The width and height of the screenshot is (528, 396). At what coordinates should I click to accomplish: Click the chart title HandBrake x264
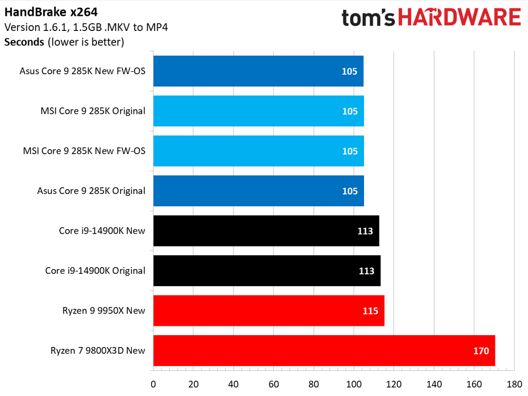[51, 11]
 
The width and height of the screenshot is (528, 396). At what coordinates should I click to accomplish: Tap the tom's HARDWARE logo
[431, 18]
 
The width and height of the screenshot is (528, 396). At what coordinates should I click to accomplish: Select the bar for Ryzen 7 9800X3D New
[324, 351]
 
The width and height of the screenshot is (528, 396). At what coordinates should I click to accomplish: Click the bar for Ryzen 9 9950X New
[269, 310]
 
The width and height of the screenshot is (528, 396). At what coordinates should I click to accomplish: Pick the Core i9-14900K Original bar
[267, 271]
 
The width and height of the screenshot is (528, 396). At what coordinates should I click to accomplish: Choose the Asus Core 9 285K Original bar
[258, 191]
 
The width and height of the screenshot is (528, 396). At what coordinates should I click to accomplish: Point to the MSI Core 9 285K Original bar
[258, 111]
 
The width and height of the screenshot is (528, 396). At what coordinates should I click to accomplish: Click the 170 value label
[481, 351]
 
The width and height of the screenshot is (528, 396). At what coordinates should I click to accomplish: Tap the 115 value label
[370, 311]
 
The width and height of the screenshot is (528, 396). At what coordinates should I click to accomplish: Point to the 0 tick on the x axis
[153, 384]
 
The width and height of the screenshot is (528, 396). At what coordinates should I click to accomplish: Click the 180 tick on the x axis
[514, 384]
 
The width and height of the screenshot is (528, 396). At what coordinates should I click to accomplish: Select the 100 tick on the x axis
[354, 384]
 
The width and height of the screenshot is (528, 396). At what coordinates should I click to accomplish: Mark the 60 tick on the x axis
[273, 384]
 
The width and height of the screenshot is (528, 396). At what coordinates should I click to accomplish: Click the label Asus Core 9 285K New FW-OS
[82, 71]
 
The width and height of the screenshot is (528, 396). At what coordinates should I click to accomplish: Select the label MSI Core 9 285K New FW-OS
[84, 151]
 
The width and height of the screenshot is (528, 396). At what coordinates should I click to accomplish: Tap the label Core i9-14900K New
[102, 230]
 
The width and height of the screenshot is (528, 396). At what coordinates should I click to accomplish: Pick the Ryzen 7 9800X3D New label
[98, 351]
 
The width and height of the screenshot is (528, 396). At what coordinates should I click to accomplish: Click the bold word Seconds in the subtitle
[24, 42]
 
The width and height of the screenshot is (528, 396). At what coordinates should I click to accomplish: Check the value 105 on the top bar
[349, 71]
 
